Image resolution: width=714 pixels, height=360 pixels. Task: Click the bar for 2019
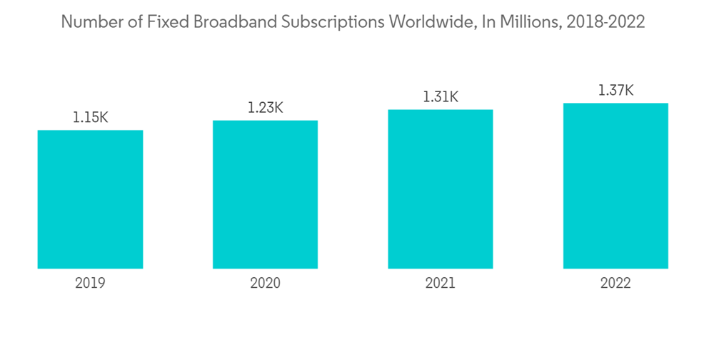coord(90,199)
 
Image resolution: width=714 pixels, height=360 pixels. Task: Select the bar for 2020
coord(265,194)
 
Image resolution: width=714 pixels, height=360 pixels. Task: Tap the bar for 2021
coord(441,189)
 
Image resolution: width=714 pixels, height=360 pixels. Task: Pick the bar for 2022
coord(615,186)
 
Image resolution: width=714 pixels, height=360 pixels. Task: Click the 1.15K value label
coord(90,118)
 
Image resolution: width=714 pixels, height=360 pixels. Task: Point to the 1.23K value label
coord(265,108)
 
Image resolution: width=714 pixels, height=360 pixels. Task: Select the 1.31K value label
coord(441,97)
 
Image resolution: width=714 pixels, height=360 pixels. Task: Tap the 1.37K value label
coord(615,91)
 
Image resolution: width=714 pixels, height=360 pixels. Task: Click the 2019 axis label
coord(90,284)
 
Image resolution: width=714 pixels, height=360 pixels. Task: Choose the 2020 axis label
coord(265,284)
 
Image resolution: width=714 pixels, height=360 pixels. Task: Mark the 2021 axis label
coord(441,284)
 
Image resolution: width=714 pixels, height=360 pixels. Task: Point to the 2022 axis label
coord(615,284)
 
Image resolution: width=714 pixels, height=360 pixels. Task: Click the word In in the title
coord(485,22)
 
